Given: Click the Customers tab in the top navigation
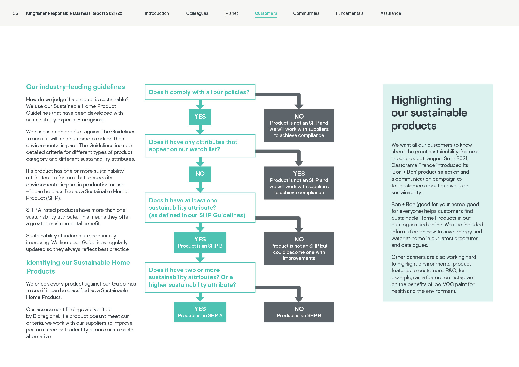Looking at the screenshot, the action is (x=266, y=13).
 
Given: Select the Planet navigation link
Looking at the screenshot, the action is (x=232, y=13).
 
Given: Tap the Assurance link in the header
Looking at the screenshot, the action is (x=391, y=13).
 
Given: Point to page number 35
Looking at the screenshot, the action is (x=16, y=13).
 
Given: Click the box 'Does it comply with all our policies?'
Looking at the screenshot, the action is (x=200, y=92).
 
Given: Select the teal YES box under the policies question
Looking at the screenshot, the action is (x=200, y=117).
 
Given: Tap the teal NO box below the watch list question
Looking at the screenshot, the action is (x=200, y=174).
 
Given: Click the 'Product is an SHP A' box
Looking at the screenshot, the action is (x=200, y=312).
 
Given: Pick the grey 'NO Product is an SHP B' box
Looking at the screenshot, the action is (x=299, y=312).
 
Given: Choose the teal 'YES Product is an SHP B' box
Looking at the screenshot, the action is (x=200, y=242).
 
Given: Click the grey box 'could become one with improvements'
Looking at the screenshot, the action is (x=299, y=249).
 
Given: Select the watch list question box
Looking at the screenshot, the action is (x=200, y=146).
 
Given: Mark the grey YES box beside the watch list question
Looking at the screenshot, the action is (x=299, y=183).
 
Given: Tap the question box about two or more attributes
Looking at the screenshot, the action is (x=200, y=277).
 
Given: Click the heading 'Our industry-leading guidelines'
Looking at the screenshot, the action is (x=76, y=87).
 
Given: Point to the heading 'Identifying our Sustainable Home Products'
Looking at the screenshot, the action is (x=78, y=267).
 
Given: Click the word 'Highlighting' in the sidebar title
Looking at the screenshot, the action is (x=421, y=100).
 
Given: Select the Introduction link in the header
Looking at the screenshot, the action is (x=157, y=13).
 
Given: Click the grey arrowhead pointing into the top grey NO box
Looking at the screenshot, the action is (x=299, y=106).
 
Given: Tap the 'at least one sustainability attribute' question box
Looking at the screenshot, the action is (x=200, y=208).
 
